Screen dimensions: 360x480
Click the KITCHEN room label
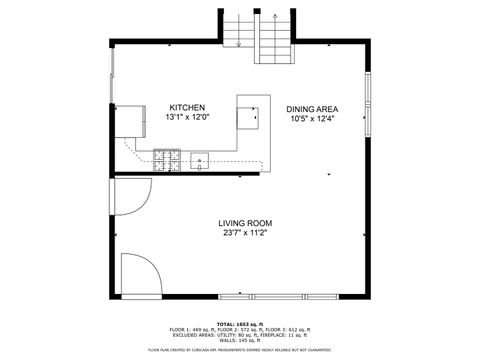click(187, 108)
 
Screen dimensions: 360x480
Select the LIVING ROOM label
click(245, 224)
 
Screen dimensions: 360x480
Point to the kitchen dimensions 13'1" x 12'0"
click(187, 118)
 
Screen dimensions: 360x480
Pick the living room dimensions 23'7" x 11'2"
click(245, 234)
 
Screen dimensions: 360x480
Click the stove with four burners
click(167, 157)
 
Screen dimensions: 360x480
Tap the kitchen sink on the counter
click(199, 158)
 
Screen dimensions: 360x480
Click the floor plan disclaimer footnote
click(240, 350)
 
